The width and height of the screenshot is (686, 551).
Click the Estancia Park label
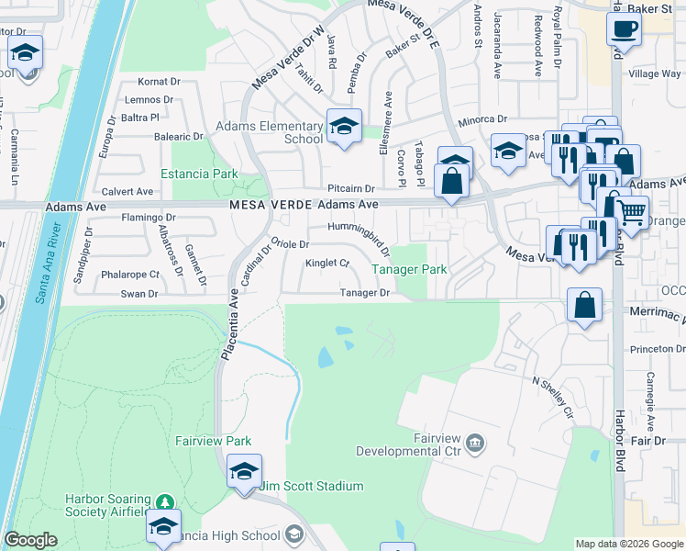click(199, 174)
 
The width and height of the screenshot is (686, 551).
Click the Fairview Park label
click(214, 441)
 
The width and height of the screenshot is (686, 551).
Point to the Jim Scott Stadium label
click(312, 486)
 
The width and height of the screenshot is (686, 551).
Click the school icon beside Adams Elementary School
click(344, 128)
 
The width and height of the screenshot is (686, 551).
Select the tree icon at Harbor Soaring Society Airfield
click(164, 502)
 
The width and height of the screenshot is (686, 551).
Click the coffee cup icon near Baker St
click(623, 28)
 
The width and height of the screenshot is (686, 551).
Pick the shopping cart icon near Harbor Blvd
click(632, 212)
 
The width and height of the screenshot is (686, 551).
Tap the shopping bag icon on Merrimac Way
click(584, 305)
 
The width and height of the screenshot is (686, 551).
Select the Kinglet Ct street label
click(327, 264)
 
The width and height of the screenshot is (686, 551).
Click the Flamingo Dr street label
click(148, 218)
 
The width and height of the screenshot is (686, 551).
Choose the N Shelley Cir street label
click(553, 396)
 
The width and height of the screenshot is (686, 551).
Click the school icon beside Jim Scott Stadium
click(244, 472)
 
